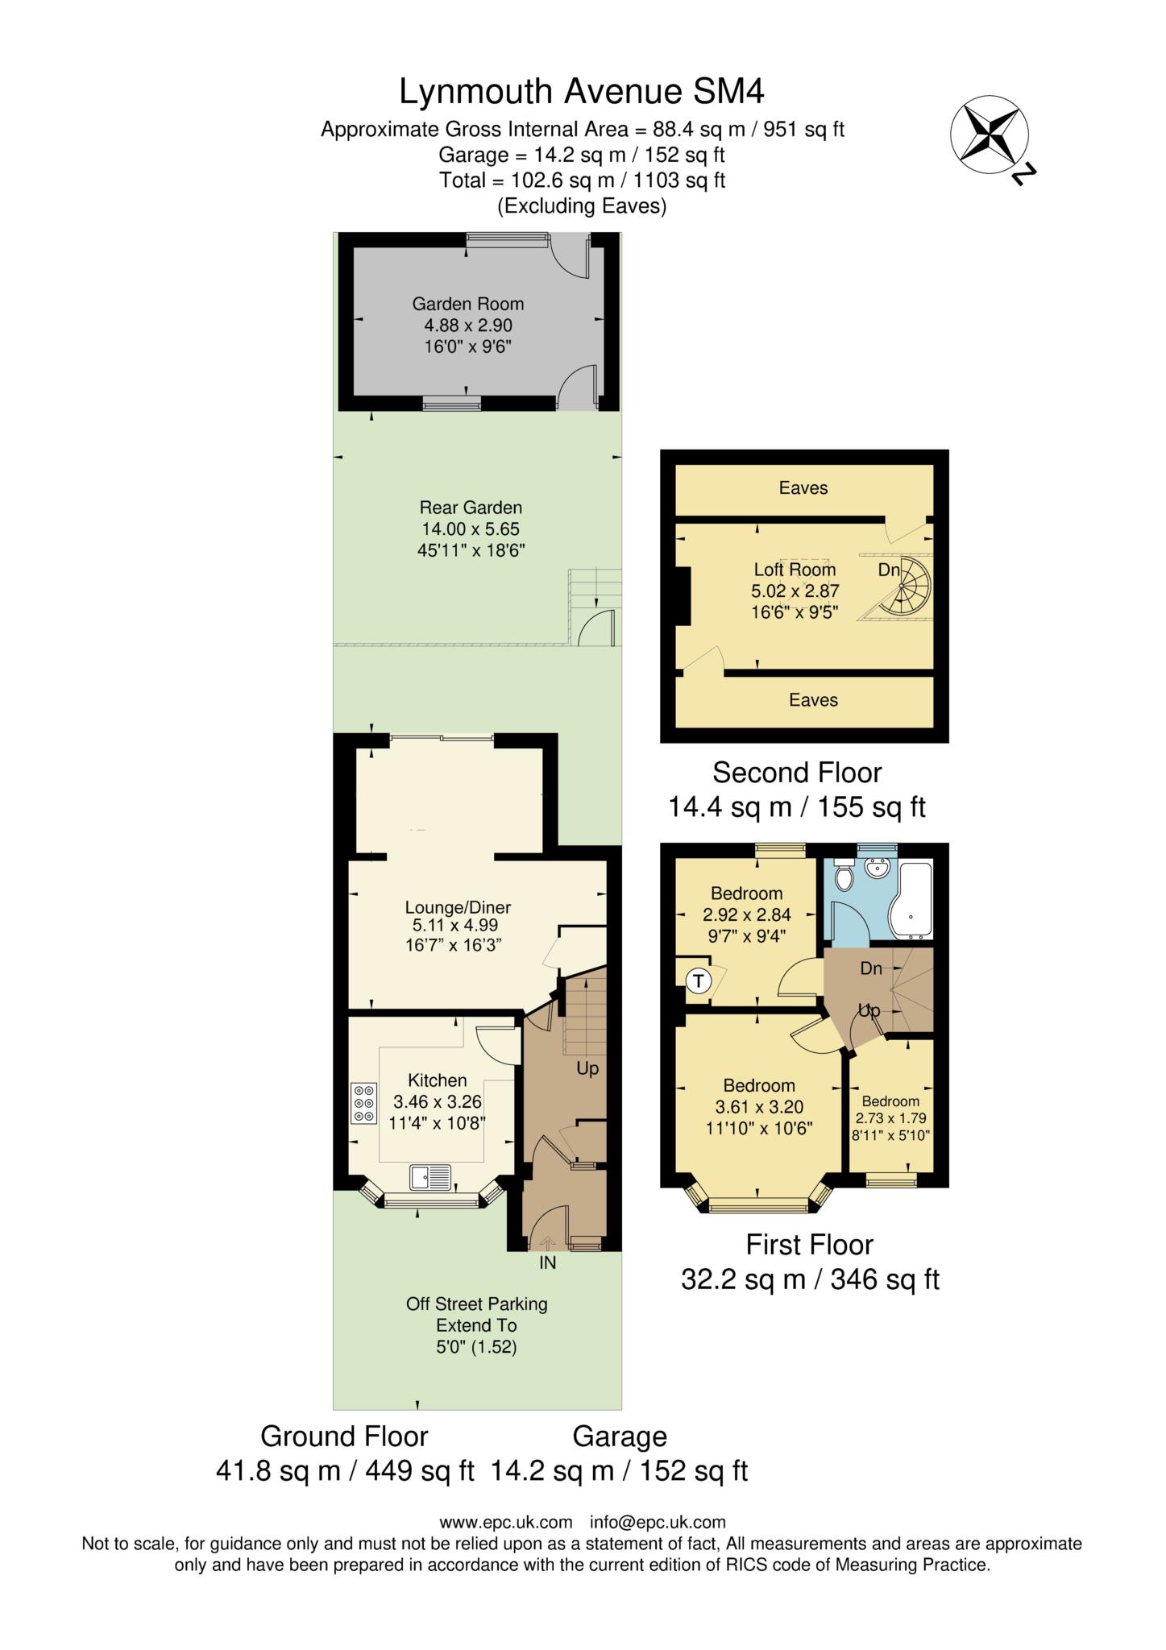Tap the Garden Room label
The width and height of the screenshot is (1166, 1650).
[x=467, y=304]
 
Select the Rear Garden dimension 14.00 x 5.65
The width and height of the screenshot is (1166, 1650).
[x=470, y=529]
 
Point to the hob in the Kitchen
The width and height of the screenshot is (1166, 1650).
[x=363, y=1104]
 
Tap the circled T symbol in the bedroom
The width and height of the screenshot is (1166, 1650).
[x=698, y=980]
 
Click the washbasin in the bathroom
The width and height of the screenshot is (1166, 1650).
[x=877, y=869]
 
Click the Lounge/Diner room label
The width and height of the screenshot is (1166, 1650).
[x=458, y=907]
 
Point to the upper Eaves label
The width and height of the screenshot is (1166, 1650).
[x=803, y=487]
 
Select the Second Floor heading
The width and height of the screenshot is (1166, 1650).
[x=797, y=773]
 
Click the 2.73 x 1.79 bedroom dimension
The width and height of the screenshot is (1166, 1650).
[x=890, y=1118]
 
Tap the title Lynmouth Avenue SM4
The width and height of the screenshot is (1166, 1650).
[x=582, y=92]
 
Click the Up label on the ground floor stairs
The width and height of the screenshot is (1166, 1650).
[x=587, y=1069]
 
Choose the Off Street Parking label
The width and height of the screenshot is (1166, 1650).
[x=476, y=1304]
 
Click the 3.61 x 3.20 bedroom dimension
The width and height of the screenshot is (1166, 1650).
[x=758, y=1107]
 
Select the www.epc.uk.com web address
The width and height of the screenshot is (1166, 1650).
[x=505, y=1522]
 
